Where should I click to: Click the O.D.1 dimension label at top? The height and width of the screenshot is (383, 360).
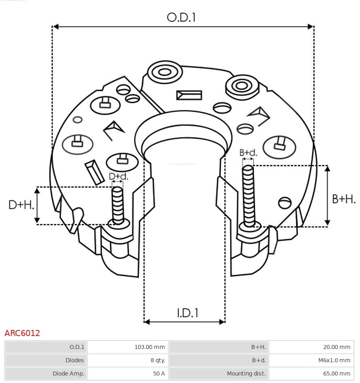(181, 17)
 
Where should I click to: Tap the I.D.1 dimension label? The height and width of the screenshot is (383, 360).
(187, 313)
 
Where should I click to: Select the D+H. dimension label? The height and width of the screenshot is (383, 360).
(21, 205)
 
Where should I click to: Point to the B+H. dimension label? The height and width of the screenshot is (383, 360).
(343, 199)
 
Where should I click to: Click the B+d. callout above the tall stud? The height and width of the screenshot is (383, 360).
(248, 153)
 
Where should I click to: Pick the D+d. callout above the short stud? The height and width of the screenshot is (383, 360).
(119, 177)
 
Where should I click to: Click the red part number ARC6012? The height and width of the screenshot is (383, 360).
(22, 333)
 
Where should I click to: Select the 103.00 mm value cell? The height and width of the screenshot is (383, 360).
(149, 347)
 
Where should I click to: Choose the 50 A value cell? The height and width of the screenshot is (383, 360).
(159, 374)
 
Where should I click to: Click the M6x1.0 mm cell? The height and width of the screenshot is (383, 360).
(334, 360)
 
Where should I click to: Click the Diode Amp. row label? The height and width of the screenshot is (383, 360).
(68, 374)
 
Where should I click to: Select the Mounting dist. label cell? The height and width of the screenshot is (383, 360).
(246, 374)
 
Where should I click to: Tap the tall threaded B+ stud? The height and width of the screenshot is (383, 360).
(248, 194)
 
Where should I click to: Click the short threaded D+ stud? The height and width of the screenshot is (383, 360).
(118, 204)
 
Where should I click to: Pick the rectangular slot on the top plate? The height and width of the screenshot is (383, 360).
(189, 95)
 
